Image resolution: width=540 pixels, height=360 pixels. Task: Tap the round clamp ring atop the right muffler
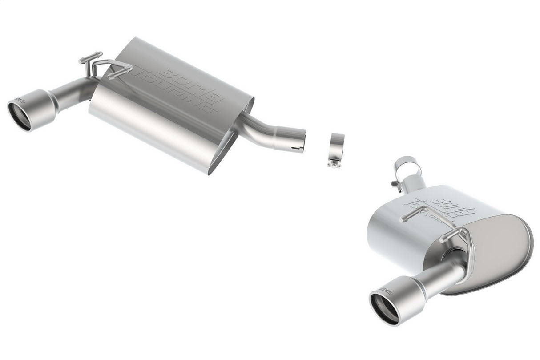point(407,167)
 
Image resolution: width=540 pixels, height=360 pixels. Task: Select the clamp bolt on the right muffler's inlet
point(394,183)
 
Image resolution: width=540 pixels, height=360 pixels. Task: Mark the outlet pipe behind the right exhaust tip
point(438,274)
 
